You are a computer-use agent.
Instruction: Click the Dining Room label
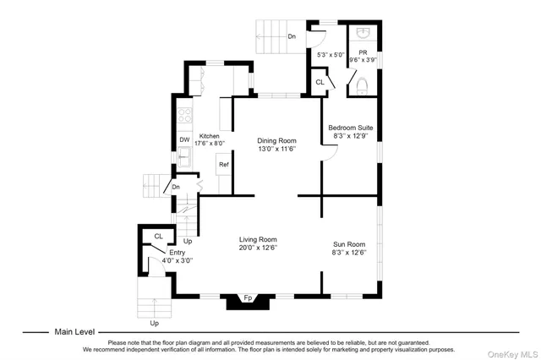point(276,140)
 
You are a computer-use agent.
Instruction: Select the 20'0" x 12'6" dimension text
point(258,248)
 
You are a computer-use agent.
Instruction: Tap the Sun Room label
point(347,243)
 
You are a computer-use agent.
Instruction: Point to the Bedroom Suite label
point(350,128)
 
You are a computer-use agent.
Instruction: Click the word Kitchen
point(209,135)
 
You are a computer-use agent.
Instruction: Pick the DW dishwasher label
point(183,140)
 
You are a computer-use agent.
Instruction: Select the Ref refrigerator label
point(224,165)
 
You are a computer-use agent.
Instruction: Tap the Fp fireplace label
point(248,298)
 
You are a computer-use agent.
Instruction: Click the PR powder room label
point(363,52)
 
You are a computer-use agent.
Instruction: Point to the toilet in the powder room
point(361,85)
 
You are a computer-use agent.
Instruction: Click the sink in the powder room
point(362,32)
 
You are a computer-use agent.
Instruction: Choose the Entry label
point(177,253)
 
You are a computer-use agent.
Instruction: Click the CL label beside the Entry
point(158,237)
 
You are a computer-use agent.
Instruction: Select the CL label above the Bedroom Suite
point(319,82)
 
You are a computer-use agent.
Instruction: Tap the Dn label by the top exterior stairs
point(292,36)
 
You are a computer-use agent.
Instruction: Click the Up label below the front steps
point(154,323)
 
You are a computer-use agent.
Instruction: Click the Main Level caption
point(74,332)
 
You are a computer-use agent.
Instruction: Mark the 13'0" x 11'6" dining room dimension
point(276,150)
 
